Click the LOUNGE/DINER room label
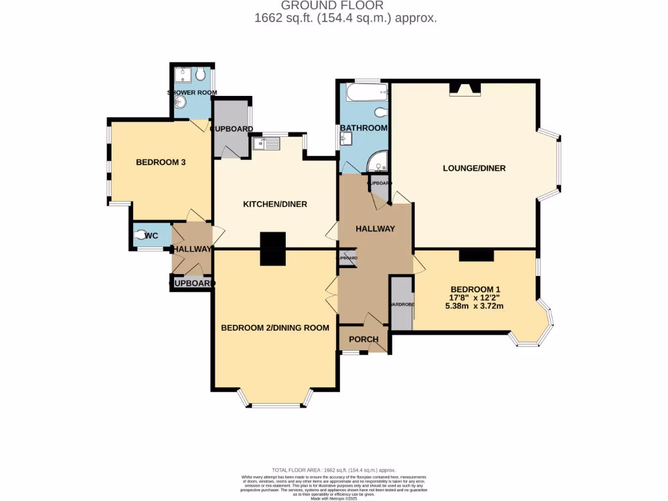coord(474,168)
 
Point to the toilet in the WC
coord(141,236)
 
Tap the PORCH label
coord(363,339)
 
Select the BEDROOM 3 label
coord(161,162)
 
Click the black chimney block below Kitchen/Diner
coord(273,249)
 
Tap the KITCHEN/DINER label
coord(275,204)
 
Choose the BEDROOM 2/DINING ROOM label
coord(275,327)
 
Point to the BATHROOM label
coord(363,128)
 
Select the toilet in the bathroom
coord(380,112)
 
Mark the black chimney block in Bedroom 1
coord(476,255)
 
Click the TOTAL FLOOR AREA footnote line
coord(333,470)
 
